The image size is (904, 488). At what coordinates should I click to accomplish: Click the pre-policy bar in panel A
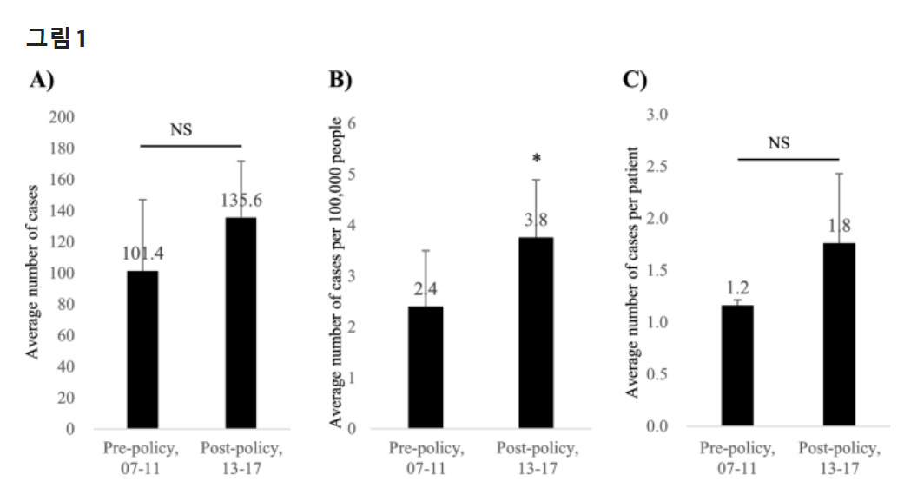click(142, 350)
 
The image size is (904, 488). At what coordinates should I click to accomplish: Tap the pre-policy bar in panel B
click(426, 367)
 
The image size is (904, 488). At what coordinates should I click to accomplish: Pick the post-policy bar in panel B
click(536, 333)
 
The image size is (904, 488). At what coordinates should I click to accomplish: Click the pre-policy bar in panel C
click(737, 366)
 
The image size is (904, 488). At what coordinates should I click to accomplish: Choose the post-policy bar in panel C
click(839, 334)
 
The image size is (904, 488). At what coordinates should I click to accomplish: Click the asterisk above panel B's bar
click(537, 158)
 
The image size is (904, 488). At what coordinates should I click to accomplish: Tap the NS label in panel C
click(779, 143)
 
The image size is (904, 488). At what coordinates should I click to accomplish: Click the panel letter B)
click(340, 80)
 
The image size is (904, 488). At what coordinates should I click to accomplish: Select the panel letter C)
click(635, 80)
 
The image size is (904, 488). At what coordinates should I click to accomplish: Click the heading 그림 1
click(56, 38)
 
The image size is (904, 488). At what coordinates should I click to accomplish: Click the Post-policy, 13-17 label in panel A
click(241, 458)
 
